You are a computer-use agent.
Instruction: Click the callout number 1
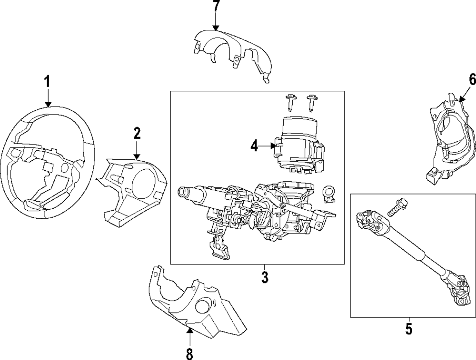click(47, 82)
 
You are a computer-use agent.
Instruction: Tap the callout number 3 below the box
click(265, 277)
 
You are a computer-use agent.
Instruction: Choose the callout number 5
click(409, 329)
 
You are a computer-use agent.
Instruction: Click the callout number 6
click(472, 79)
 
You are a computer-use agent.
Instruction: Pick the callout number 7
click(216, 8)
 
